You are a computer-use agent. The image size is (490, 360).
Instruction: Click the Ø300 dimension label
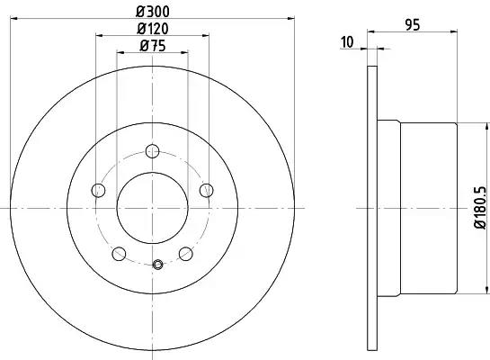tap(153, 12)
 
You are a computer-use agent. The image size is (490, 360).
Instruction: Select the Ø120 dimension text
tap(153, 29)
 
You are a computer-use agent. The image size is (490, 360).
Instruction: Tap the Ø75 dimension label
tap(153, 46)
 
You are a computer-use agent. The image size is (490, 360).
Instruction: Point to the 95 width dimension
tap(413, 25)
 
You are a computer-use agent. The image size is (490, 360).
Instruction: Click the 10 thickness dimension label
tap(347, 42)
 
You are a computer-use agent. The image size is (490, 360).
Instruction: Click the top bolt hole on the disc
tap(153, 151)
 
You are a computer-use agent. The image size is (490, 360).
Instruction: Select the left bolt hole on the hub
tap(98, 190)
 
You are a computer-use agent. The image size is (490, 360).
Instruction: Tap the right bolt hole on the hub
tap(207, 190)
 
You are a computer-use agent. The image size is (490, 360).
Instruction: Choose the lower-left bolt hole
tap(119, 253)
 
